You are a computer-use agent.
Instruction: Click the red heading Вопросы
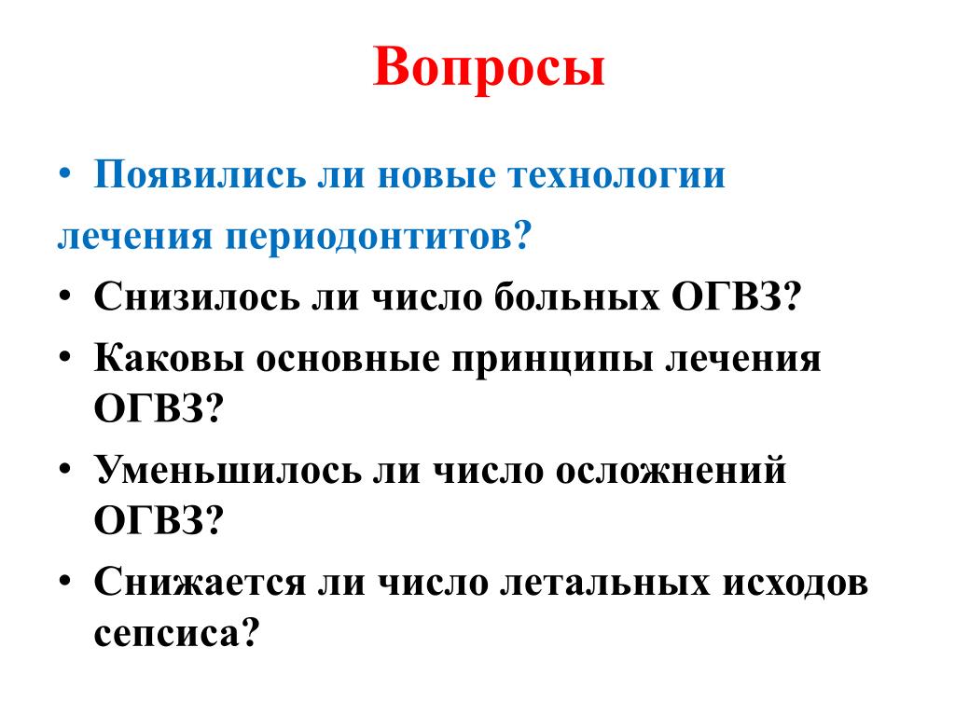[489, 68]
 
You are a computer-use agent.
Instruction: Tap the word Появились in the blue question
[200, 174]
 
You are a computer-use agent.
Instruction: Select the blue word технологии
[616, 174]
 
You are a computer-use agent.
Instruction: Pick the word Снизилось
[197, 296]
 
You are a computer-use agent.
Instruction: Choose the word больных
[576, 296]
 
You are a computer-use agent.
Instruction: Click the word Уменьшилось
[228, 470]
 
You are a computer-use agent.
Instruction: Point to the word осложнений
[671, 471]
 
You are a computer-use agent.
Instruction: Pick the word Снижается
[200, 582]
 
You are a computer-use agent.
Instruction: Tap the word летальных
[604, 583]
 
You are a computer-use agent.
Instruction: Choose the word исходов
[795, 583]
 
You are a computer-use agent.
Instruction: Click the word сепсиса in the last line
[167, 634]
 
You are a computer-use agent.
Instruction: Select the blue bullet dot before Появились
[65, 174]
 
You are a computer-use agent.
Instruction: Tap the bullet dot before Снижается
[65, 581]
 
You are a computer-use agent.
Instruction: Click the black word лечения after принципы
[743, 359]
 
